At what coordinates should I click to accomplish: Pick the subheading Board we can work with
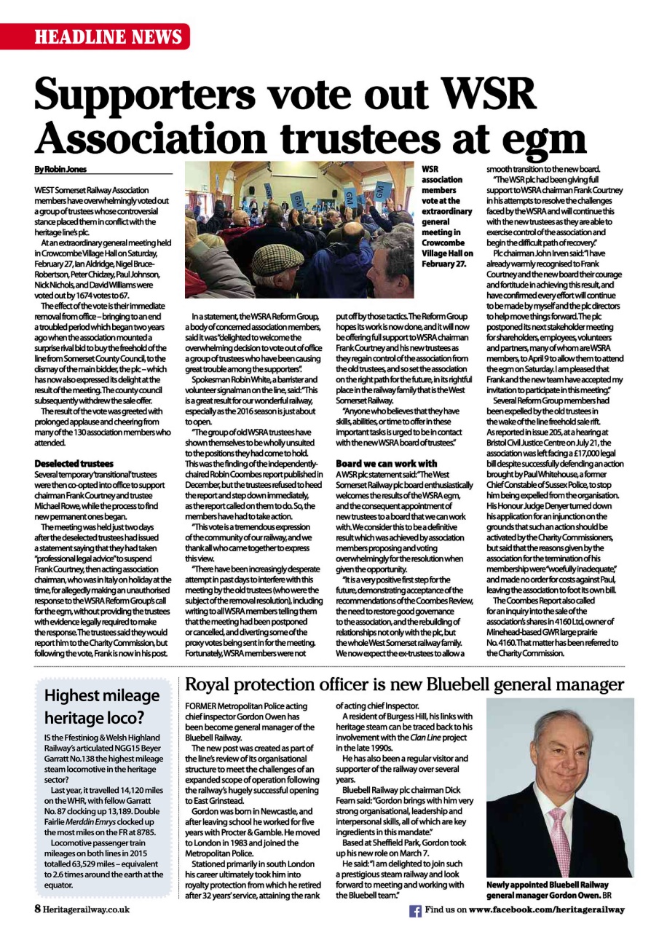click(386, 463)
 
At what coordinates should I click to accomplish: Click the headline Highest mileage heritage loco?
click(102, 706)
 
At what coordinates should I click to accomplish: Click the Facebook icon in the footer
click(416, 911)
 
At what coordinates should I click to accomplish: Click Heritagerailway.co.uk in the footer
click(86, 909)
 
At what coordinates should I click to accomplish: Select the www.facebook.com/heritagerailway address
click(546, 910)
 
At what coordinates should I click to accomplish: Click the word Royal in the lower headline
click(211, 685)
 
